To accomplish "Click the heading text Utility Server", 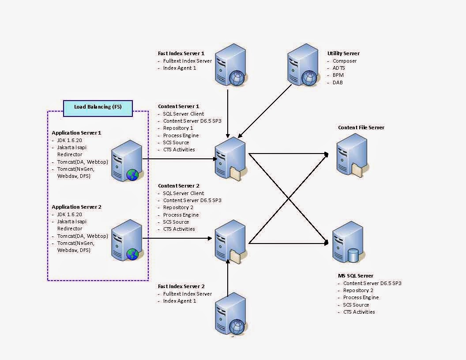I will (x=343, y=53).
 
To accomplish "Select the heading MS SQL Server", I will (x=356, y=276).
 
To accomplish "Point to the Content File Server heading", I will (x=361, y=127).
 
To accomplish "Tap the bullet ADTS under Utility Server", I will (x=339, y=68).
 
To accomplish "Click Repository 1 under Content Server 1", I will (x=178, y=128).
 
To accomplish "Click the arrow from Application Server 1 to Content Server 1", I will (x=181, y=159).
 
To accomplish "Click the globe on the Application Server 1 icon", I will (x=132, y=175).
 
